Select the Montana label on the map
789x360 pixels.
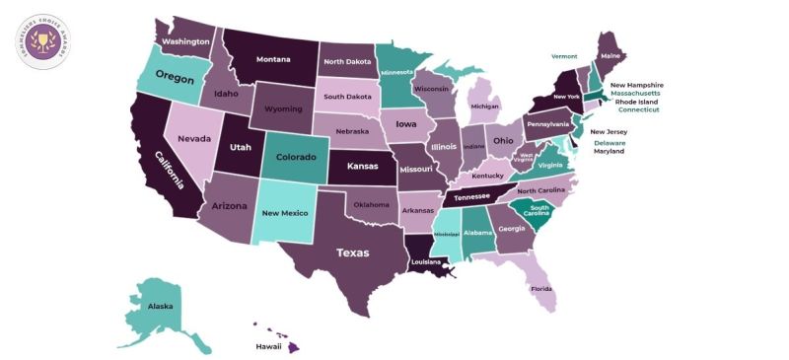coord(273,59)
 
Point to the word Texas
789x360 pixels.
coord(352,252)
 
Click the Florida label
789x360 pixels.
coord(541,290)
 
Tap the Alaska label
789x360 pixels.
coord(160,307)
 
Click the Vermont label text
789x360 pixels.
coord(564,57)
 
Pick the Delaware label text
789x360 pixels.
coord(610,142)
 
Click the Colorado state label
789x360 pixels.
coord(296,157)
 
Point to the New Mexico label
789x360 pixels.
coord(284,213)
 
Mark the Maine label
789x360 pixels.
coord(610,55)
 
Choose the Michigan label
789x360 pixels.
coord(484,106)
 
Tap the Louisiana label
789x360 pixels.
coord(426,263)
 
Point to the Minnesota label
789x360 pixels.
coord(398,72)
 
